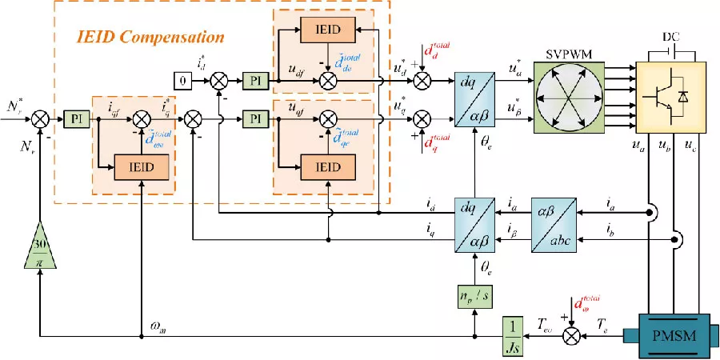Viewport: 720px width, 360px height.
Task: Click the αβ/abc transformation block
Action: tap(553, 227)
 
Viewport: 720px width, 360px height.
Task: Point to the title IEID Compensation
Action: tap(150, 38)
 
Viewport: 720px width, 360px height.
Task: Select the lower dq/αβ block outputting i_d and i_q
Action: tap(476, 227)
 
